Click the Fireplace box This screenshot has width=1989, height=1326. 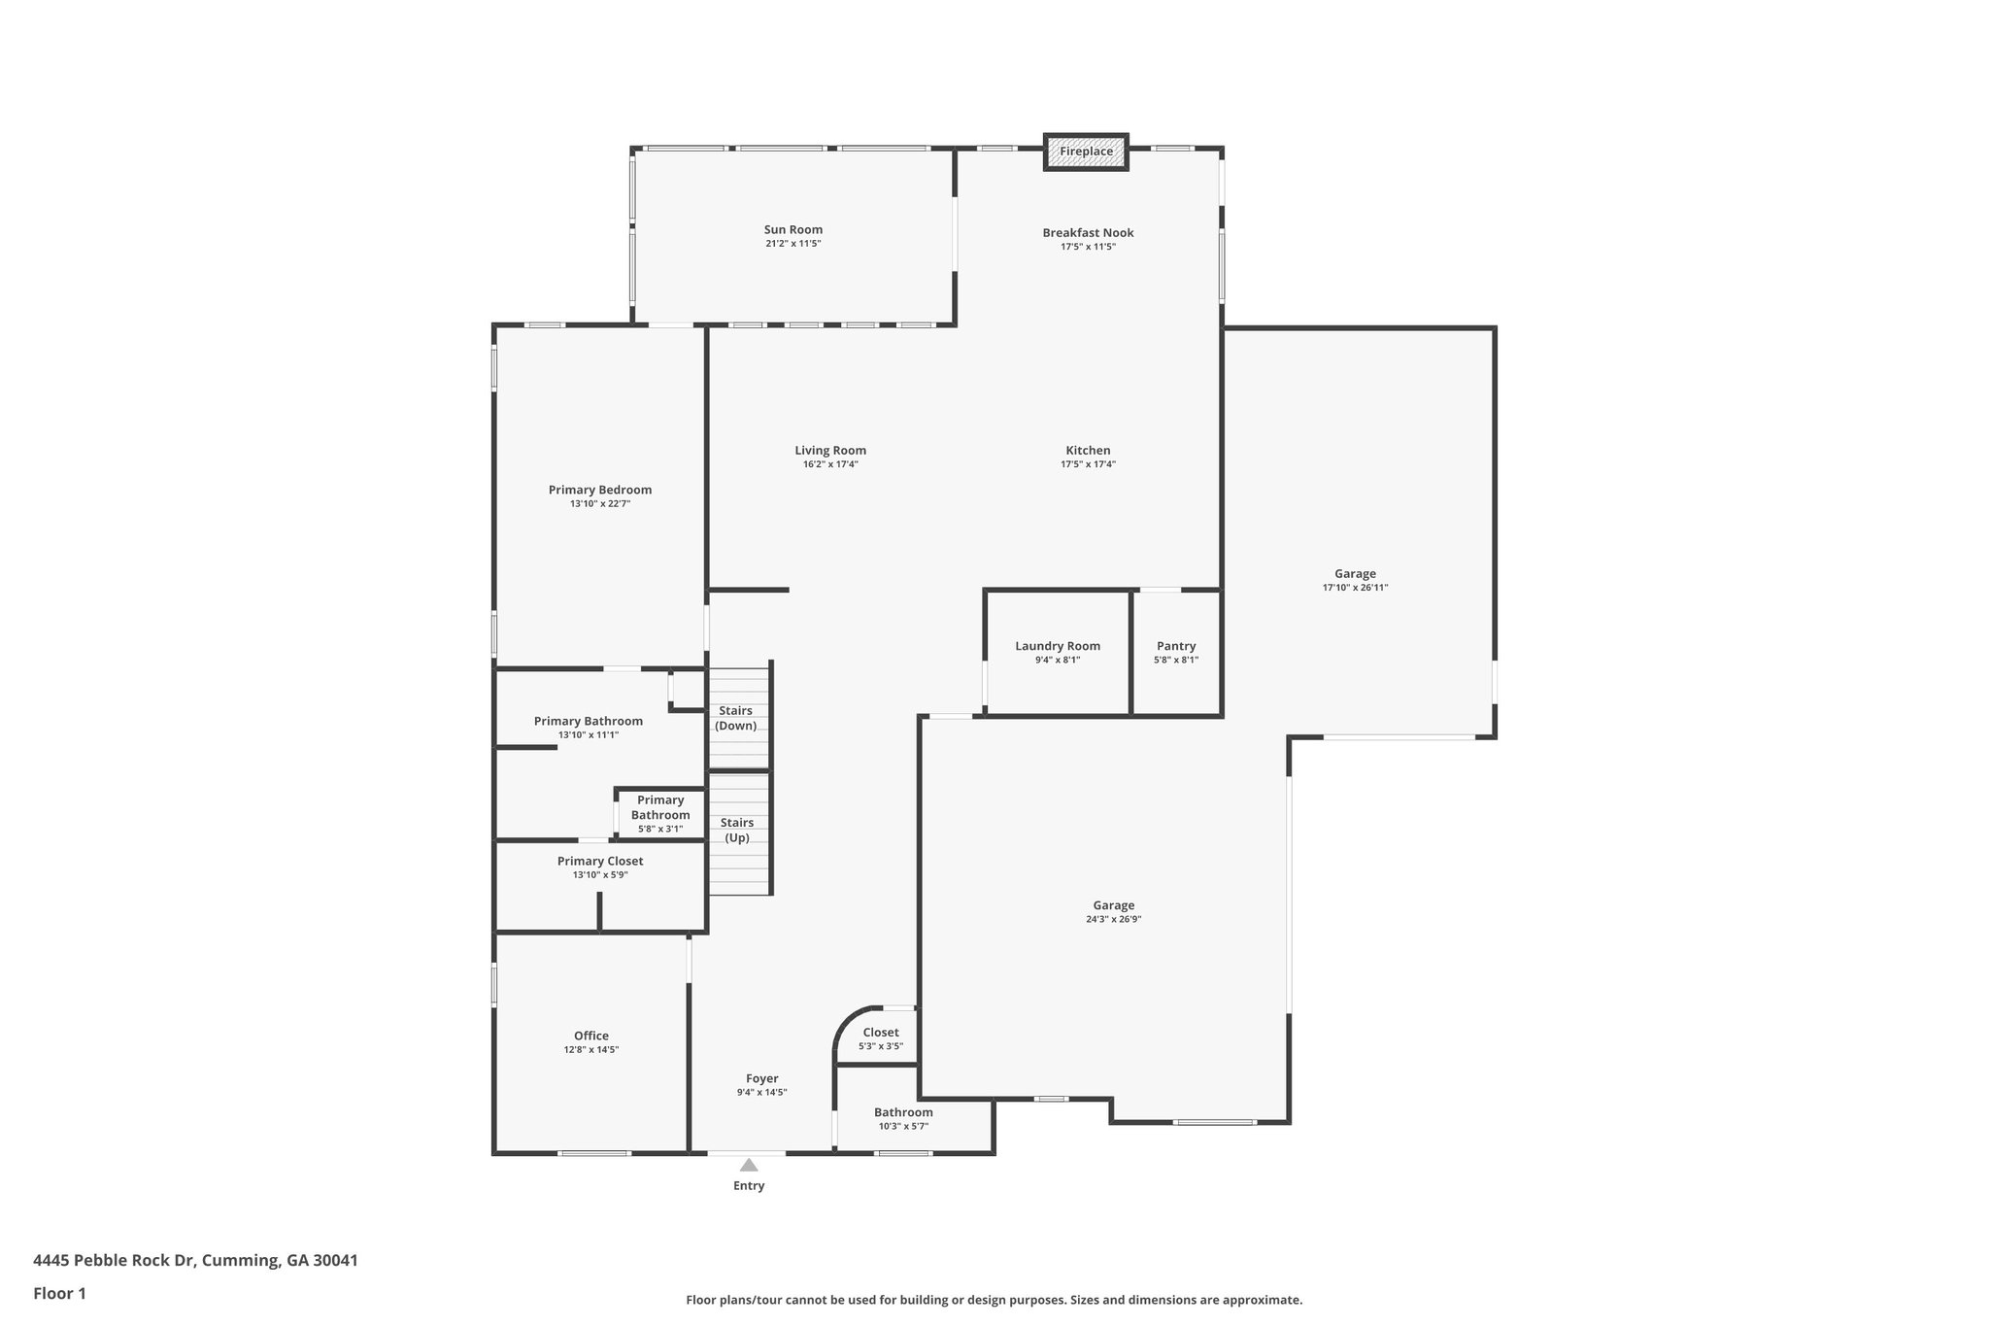tap(1086, 152)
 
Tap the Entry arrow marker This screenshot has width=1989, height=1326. tap(749, 1165)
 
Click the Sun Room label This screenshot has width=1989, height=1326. tap(793, 230)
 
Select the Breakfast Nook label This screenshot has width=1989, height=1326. tap(1088, 233)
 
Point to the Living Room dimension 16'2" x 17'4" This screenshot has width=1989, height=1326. tap(830, 464)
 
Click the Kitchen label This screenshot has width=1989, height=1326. tap(1088, 451)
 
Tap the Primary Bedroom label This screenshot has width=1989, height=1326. tap(600, 491)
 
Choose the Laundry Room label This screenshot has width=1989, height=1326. tap(1058, 647)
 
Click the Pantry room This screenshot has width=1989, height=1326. tap(1176, 653)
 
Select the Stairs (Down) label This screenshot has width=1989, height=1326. tap(736, 719)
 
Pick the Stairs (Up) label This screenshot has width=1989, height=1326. tap(737, 831)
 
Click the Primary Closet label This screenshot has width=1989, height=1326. tap(600, 862)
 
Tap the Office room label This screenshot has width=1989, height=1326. tap(591, 1037)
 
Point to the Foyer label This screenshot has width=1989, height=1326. tap(762, 1079)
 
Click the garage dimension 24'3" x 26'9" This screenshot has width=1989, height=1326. tap(1114, 919)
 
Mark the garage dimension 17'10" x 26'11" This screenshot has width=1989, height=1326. tap(1356, 588)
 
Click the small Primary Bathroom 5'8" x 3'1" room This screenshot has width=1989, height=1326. tap(660, 813)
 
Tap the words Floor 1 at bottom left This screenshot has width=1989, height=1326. tap(60, 1294)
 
